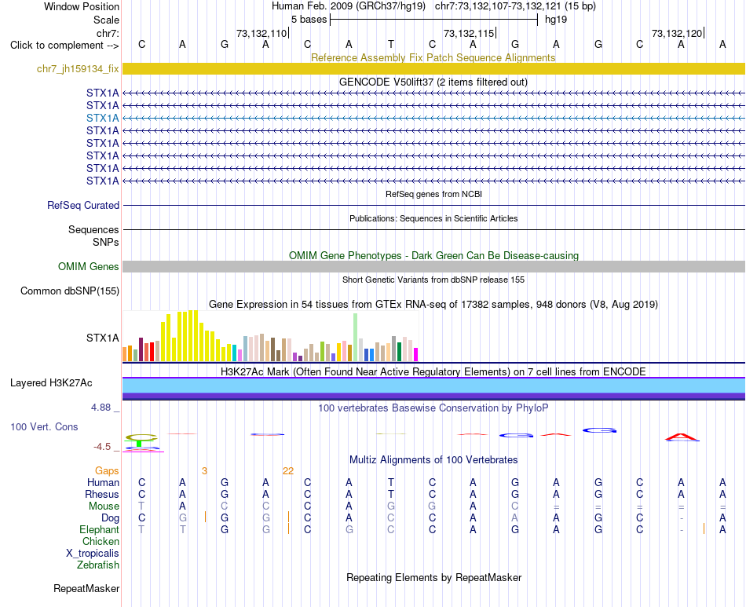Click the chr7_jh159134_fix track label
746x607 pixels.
(78, 69)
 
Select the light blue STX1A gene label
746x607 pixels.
(103, 118)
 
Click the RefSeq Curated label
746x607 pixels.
(83, 205)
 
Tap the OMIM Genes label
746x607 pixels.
(89, 266)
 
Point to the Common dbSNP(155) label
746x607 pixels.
(70, 291)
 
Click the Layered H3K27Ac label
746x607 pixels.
(51, 383)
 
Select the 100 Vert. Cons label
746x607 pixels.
(44, 426)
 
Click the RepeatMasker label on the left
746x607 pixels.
(86, 588)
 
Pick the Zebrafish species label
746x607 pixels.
(98, 565)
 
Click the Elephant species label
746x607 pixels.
(100, 529)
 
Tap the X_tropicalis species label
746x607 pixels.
(93, 554)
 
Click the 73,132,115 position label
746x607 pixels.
(469, 33)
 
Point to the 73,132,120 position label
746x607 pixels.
(677, 33)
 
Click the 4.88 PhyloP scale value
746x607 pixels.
(101, 408)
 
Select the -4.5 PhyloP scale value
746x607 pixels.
(102, 447)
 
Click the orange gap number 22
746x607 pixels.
(288, 471)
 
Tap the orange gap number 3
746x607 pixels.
(204, 471)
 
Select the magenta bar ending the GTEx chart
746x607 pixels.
(415, 355)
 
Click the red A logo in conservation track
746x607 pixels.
(682, 437)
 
